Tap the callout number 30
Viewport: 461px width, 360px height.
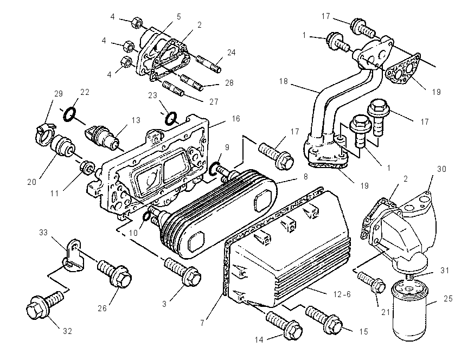pos(441,169)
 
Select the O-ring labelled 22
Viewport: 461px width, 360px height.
pos(69,114)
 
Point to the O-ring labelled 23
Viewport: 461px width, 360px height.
pos(171,118)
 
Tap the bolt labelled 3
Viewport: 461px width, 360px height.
pos(183,271)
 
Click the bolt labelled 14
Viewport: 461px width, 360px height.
pos(284,326)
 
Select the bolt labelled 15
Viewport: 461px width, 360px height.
pos(324,320)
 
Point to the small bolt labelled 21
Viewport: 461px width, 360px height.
pos(372,282)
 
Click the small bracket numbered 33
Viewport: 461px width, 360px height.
pos(73,255)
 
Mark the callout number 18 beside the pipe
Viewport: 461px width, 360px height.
pos(283,81)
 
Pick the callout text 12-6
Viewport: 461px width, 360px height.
pos(342,294)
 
